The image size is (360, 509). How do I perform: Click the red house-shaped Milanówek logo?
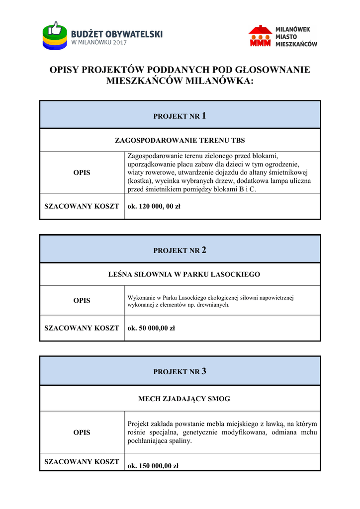coord(261,36)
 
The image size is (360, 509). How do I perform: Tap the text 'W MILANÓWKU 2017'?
coord(99,43)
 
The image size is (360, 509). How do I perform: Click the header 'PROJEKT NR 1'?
coord(180,116)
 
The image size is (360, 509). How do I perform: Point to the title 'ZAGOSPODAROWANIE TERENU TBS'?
coord(180,140)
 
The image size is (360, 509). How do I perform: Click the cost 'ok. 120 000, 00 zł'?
coord(154,206)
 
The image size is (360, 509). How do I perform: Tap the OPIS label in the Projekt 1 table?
coord(82,172)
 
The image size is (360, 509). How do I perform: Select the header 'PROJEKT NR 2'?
coord(180,251)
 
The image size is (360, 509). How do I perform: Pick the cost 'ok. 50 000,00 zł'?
coord(152,328)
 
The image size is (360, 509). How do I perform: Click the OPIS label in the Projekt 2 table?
coord(82,301)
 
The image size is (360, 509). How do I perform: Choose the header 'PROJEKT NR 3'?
coord(180,371)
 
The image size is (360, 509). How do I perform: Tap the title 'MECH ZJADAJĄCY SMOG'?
coord(184,399)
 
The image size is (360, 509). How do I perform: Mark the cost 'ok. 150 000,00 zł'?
coord(153,466)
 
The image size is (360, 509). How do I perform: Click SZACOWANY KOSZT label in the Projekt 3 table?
coord(82,462)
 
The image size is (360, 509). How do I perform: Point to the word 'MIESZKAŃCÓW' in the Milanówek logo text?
coord(296,44)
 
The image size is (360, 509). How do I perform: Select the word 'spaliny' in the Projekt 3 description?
coord(180,441)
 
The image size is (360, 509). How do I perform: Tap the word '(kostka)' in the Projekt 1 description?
coord(140,181)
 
